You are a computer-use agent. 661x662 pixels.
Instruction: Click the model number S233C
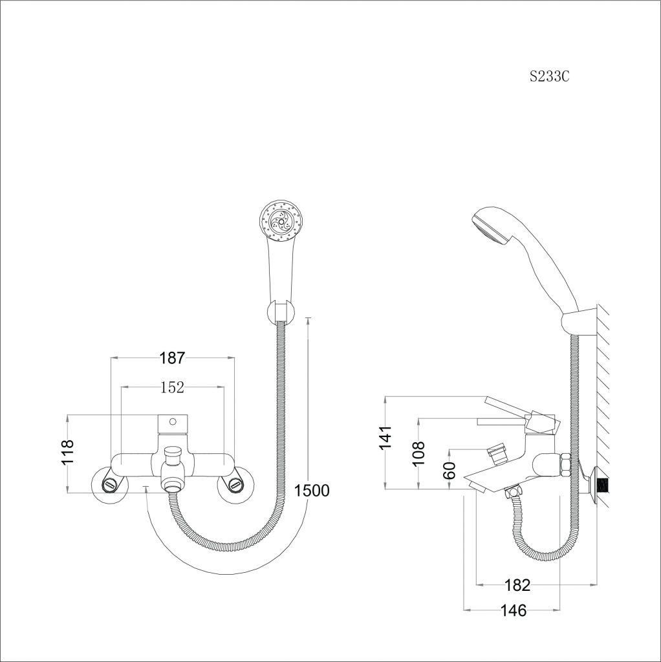[550, 76]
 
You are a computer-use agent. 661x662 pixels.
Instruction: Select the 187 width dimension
[172, 358]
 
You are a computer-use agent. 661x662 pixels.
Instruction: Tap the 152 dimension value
[172, 387]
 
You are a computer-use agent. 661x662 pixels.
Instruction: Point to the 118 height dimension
[67, 452]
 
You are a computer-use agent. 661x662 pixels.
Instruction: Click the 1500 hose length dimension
[312, 491]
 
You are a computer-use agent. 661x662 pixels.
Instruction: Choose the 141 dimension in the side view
[385, 438]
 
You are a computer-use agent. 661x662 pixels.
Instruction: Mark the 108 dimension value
[418, 453]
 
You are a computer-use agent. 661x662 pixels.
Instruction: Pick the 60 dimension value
[450, 470]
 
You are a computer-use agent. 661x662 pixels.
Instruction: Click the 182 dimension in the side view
[517, 584]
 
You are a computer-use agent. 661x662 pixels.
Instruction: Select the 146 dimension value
[514, 610]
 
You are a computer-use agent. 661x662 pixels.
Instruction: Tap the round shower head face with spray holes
[281, 221]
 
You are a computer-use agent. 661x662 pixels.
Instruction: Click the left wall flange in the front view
[110, 484]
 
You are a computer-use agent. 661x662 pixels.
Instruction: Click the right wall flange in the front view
[235, 484]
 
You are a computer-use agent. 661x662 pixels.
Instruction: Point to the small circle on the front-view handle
[172, 422]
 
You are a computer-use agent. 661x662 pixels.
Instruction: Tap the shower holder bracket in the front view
[281, 312]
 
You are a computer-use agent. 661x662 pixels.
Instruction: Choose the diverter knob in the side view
[497, 453]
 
